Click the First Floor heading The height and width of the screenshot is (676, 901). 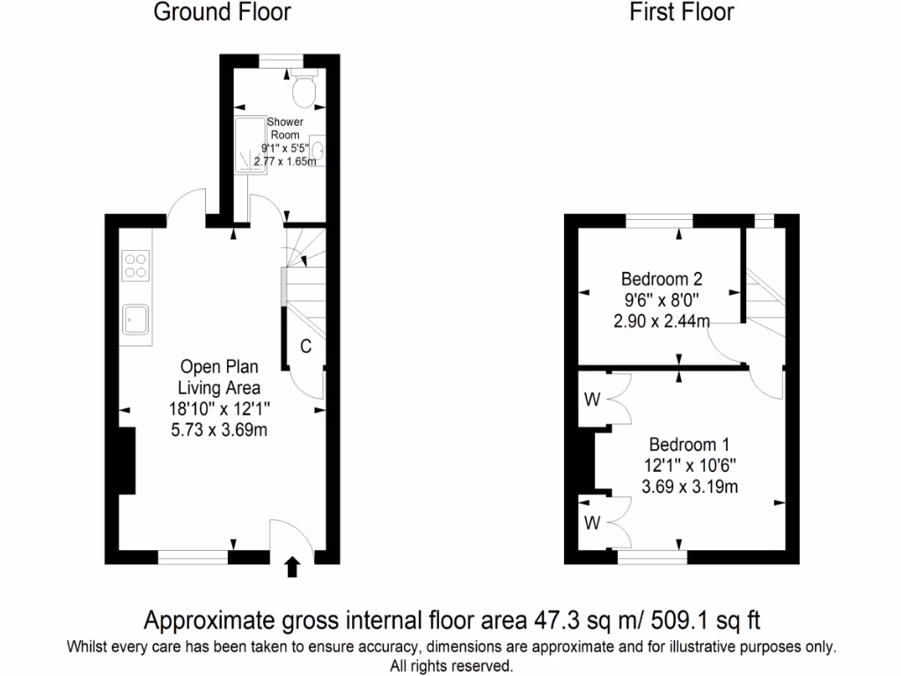(681, 12)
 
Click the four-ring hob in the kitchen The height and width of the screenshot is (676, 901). (136, 266)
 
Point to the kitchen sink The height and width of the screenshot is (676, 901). (136, 320)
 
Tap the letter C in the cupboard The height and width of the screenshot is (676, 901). (305, 347)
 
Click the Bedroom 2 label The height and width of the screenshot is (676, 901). (662, 280)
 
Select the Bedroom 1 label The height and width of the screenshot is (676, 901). (690, 445)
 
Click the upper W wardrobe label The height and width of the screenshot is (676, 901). (592, 400)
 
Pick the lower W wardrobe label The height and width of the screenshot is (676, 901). (592, 524)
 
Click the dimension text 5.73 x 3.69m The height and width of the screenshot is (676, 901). (219, 430)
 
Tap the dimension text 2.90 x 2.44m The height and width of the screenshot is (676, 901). (662, 321)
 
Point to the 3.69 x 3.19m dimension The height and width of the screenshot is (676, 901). (690, 487)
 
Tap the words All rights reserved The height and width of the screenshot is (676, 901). (450, 665)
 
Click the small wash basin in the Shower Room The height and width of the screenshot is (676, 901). (318, 151)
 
